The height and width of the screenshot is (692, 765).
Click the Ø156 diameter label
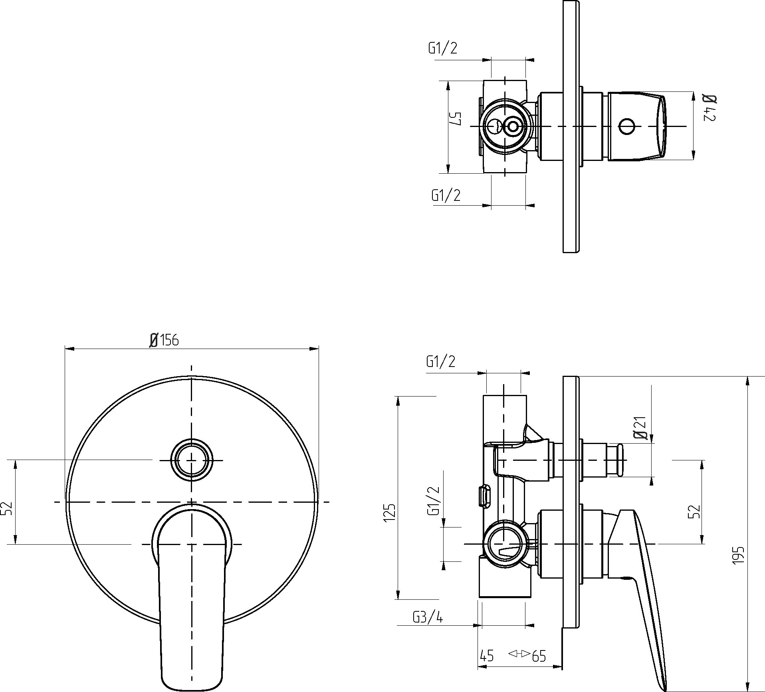164,340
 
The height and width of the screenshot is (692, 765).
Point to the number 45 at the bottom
487,656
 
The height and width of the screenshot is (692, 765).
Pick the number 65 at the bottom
539,656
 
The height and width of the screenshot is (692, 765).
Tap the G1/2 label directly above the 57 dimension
443,48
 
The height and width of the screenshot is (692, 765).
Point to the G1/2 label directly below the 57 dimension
446,195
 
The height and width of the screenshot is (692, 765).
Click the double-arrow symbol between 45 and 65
519,654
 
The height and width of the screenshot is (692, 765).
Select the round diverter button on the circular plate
192,460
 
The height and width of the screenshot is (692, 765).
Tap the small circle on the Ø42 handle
626,126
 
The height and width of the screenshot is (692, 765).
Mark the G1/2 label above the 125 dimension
441,361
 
